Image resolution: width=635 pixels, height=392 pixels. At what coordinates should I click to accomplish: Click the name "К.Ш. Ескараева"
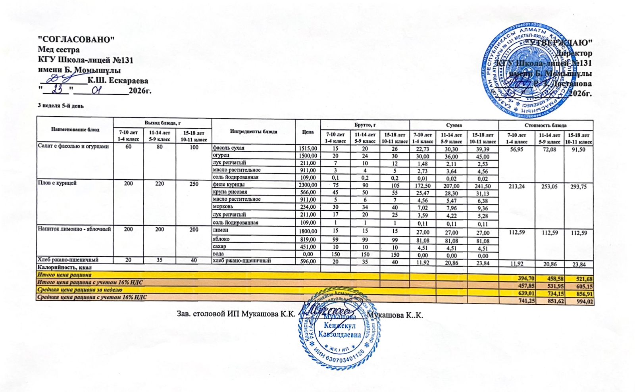point(118,81)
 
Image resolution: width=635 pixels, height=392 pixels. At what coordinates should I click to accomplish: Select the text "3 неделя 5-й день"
point(61,106)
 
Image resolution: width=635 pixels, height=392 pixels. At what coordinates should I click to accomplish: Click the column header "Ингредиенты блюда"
point(254,131)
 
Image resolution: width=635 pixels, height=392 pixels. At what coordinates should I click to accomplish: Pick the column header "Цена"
point(308,131)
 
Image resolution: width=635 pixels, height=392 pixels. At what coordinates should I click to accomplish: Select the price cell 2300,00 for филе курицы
point(308,185)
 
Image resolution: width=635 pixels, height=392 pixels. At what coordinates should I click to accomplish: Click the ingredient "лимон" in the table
point(221,230)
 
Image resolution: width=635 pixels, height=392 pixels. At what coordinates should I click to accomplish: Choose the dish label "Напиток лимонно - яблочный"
point(74,229)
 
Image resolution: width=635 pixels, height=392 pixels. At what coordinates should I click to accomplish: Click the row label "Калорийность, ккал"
point(59,267)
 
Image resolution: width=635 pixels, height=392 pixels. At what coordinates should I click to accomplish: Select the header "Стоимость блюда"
point(545,125)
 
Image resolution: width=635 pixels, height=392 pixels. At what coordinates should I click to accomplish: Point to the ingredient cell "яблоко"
point(221,239)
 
